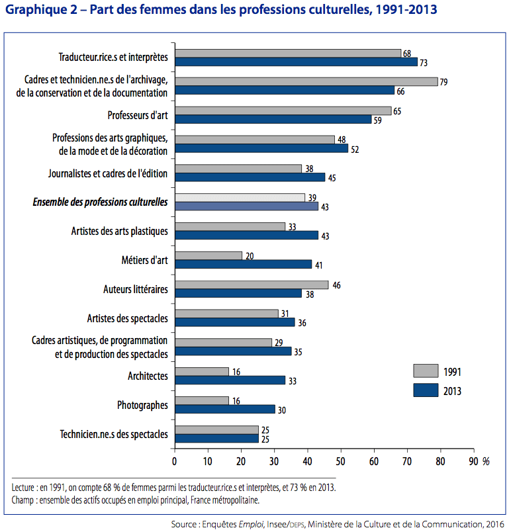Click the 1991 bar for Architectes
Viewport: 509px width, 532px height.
tap(201, 372)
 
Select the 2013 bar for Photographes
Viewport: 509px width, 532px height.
tap(224, 409)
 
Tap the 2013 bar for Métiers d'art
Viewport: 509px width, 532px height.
tap(243, 264)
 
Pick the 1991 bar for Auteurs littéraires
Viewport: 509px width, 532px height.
tap(251, 285)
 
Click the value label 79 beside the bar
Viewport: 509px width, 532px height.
tap(444, 81)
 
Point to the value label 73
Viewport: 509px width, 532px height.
tap(424, 62)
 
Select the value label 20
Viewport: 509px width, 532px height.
tap(249, 255)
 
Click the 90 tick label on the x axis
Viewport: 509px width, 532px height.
tap(473, 461)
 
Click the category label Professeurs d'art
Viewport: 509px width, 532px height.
tap(138, 115)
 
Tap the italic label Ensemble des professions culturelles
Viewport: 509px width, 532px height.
tap(100, 202)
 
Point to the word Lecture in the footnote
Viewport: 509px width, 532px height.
tap(26, 488)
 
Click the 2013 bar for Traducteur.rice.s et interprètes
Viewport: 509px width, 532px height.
tap(296, 62)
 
